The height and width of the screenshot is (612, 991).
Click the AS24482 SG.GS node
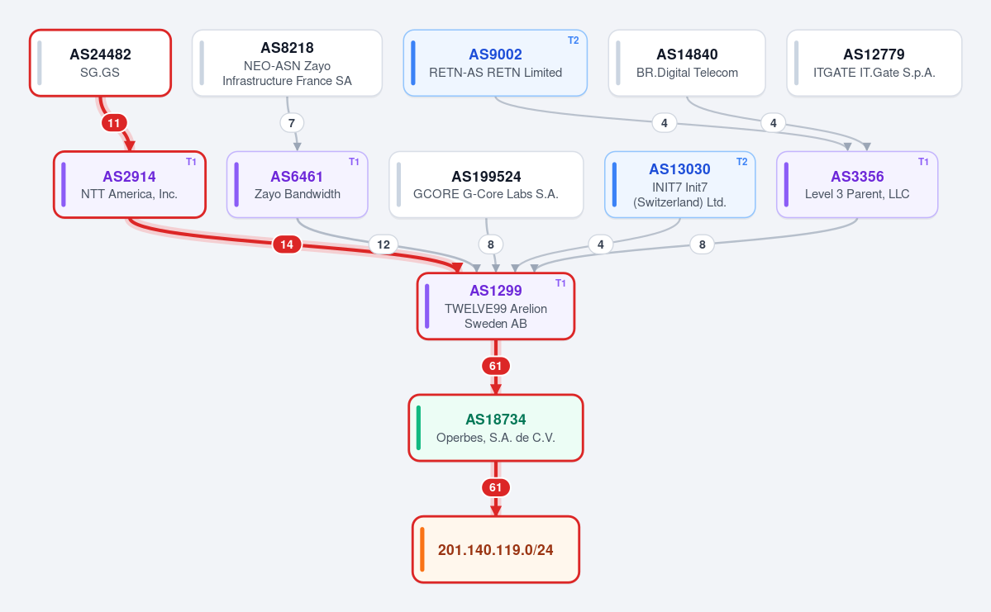point(101,63)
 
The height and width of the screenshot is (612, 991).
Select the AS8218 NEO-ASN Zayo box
point(287,63)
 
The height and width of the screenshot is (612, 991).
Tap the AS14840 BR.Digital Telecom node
point(687,63)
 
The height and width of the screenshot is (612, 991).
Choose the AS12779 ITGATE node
point(874,63)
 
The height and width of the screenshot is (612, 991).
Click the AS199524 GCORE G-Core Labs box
point(486,184)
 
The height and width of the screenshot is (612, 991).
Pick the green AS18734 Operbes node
point(496,428)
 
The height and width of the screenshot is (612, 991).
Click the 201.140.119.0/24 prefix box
point(496,549)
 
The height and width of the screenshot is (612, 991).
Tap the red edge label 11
point(114,122)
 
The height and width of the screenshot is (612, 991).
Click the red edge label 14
point(287,244)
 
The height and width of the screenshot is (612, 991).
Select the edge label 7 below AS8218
point(292,122)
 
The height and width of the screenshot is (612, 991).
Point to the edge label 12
point(384,244)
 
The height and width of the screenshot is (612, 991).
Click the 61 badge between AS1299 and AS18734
point(496,366)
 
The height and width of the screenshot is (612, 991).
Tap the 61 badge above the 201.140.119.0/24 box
point(496,487)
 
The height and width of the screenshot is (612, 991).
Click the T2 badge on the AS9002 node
point(574,40)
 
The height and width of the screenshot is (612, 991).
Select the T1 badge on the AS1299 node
point(560,283)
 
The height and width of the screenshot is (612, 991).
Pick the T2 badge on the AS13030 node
point(742,162)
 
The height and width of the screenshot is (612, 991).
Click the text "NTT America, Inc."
point(129,194)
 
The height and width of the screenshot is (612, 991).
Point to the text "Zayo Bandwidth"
point(297,194)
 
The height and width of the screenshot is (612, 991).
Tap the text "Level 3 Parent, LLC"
point(857,194)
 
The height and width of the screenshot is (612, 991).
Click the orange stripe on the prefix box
point(422,549)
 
